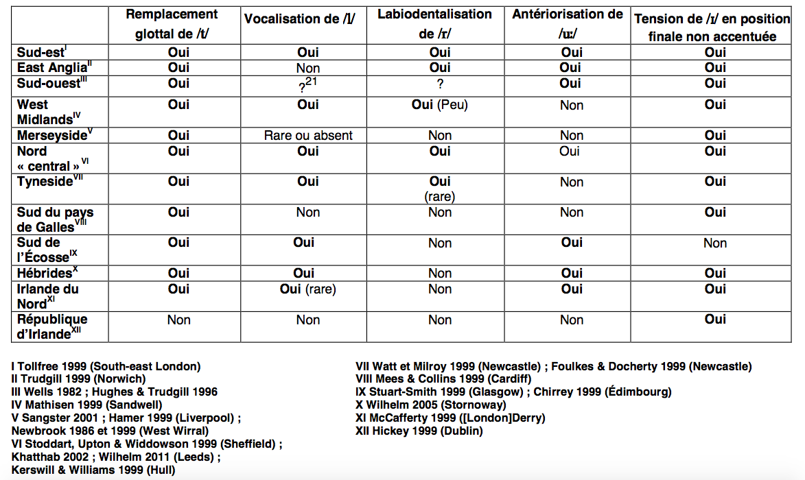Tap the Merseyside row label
(52, 135)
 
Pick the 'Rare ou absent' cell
(308, 136)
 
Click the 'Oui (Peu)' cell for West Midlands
(439, 105)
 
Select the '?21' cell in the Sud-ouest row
(308, 84)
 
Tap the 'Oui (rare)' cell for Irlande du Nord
(308, 289)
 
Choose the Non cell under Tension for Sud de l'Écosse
(714, 243)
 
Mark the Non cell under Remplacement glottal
(178, 320)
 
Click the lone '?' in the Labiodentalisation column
(440, 84)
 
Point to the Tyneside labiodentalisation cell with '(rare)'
(440, 189)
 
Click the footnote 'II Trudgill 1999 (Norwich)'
(79, 379)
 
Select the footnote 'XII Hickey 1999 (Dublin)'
(419, 431)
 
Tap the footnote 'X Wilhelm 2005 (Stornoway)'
(430, 405)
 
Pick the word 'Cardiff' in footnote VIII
(507, 379)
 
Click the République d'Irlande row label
(52, 326)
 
